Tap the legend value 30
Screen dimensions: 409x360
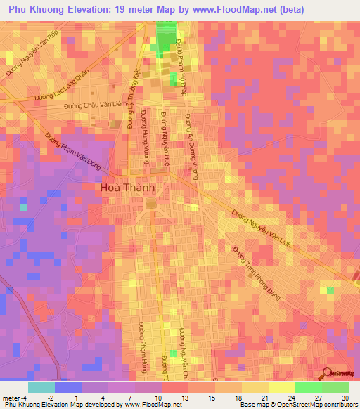pos(345,398)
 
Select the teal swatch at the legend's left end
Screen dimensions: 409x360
pos(41,387)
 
